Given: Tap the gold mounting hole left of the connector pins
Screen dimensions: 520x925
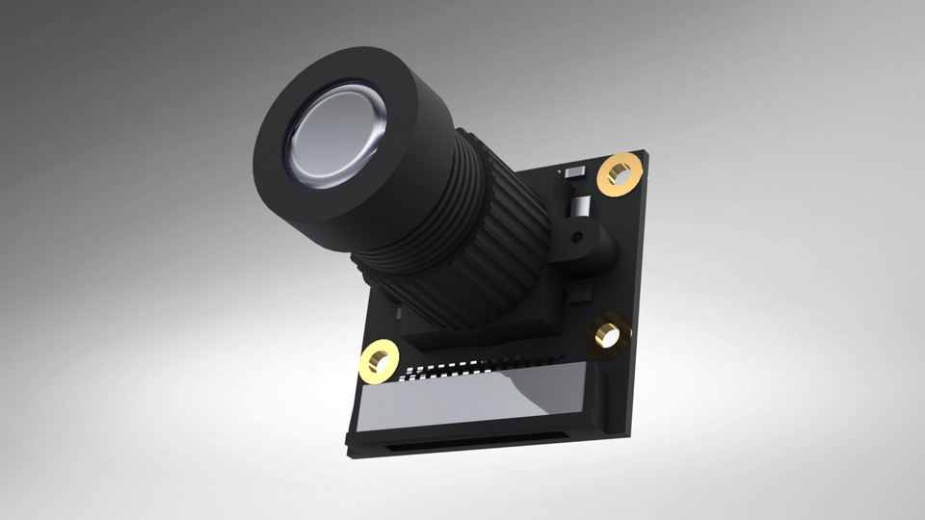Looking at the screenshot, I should pos(379,361).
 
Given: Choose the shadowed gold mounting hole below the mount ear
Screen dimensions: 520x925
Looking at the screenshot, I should pos(608,334).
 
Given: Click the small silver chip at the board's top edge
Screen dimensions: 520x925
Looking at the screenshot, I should pos(574,171).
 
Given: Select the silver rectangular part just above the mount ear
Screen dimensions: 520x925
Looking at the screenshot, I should pos(580,206).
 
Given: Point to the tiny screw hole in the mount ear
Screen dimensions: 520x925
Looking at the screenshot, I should pos(577,235).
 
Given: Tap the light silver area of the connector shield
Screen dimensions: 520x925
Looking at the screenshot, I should pos(434,400).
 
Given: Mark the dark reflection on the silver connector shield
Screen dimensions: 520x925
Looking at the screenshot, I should pos(549,390).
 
